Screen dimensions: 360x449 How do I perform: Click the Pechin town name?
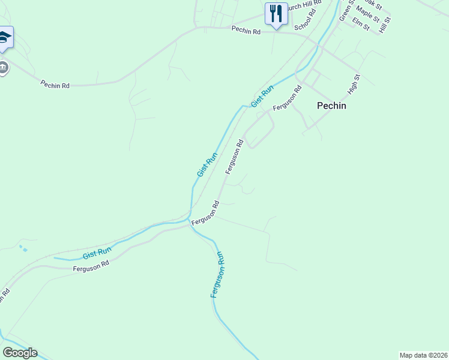pos(331,105)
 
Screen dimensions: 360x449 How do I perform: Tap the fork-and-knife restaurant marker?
pos(276,14)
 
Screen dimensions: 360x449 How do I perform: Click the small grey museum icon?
pos(4,67)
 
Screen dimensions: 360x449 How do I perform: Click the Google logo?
pos(20,353)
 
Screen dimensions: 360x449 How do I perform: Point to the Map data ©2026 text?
pos(423,355)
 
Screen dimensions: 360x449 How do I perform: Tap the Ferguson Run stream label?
pos(218,275)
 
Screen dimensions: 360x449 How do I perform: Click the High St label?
pos(354,85)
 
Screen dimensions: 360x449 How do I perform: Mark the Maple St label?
pos(367,14)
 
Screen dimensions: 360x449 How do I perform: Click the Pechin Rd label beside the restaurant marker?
pos(246,30)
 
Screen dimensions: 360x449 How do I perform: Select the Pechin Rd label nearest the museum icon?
pos(55,85)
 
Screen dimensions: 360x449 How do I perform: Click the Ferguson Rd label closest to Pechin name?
pos(286,99)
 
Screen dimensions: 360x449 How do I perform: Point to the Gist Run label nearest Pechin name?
pos(262,97)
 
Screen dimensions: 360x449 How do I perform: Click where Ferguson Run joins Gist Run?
pos(190,222)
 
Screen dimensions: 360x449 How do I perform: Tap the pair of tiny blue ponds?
pos(23,247)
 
